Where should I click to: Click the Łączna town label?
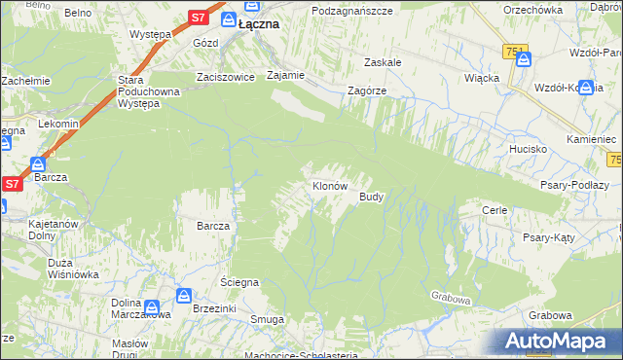[x=257, y=22]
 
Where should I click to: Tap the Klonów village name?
[x=329, y=185]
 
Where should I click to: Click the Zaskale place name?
[x=384, y=61]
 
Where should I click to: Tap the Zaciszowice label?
[x=224, y=76]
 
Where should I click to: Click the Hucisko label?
[x=528, y=149]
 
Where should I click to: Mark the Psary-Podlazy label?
[x=574, y=185]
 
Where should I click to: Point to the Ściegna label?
[x=238, y=282]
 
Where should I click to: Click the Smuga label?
[x=267, y=319]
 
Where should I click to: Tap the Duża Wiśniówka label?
[x=59, y=269]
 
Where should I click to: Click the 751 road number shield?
[x=516, y=51]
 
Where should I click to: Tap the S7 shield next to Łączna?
[x=198, y=18]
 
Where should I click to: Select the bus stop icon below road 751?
[x=524, y=58]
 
